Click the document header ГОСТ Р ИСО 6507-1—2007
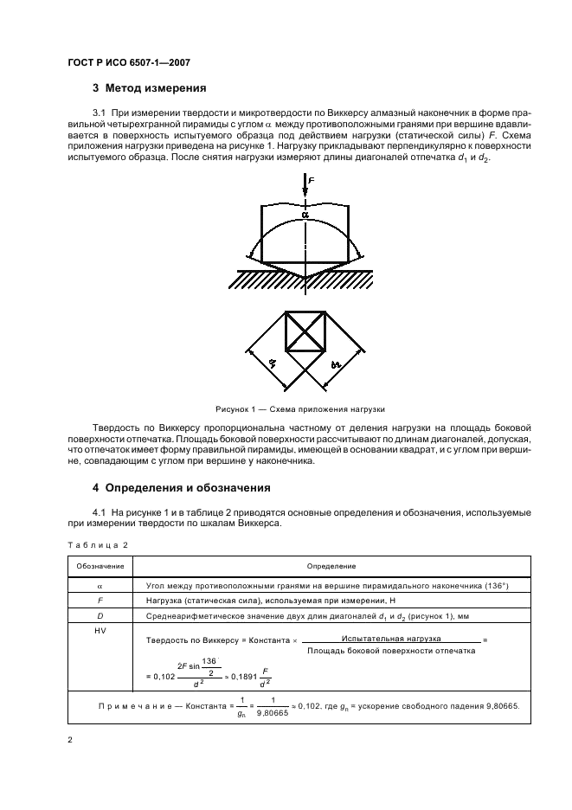click(129, 62)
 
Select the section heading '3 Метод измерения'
click(149, 88)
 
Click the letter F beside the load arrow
click(311, 181)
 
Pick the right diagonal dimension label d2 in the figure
click(337, 369)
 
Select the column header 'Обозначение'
click(99, 566)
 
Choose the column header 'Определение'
click(331, 566)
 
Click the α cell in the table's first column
click(99, 585)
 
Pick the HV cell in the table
click(99, 633)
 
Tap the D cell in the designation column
click(99, 616)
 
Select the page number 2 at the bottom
click(70, 740)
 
